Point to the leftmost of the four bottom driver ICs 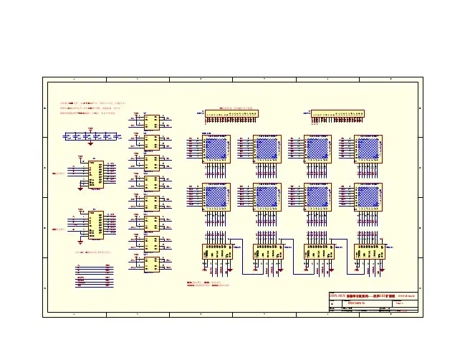217,251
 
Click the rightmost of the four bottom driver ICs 369,251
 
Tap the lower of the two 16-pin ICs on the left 95,224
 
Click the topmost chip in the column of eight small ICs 152,121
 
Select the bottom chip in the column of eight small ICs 152,264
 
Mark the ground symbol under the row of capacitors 91,143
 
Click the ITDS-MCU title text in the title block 338,295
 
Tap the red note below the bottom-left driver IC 208,285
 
